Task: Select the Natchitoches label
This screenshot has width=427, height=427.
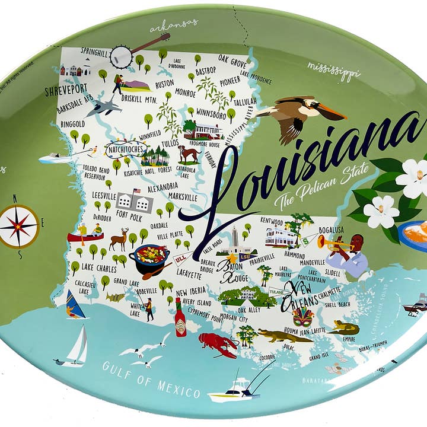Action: pyautogui.click(x=125, y=149)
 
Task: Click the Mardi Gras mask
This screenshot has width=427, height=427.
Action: pyautogui.click(x=303, y=317)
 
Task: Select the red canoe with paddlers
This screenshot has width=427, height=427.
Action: pyautogui.click(x=85, y=235)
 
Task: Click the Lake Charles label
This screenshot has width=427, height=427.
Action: pyautogui.click(x=99, y=267)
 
